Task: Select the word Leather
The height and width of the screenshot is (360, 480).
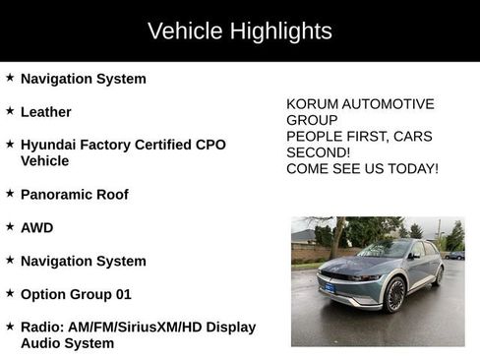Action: point(46,112)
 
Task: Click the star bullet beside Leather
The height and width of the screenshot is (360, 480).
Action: point(10,111)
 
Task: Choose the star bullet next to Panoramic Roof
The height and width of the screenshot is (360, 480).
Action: point(10,194)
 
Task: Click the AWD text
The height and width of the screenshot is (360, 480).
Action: point(37,228)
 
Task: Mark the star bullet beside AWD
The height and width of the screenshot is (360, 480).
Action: point(10,227)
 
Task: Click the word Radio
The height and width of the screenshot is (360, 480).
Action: point(42,327)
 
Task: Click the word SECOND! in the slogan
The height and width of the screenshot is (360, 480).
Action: point(318,152)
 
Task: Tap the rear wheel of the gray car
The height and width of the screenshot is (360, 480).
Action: point(438,274)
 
